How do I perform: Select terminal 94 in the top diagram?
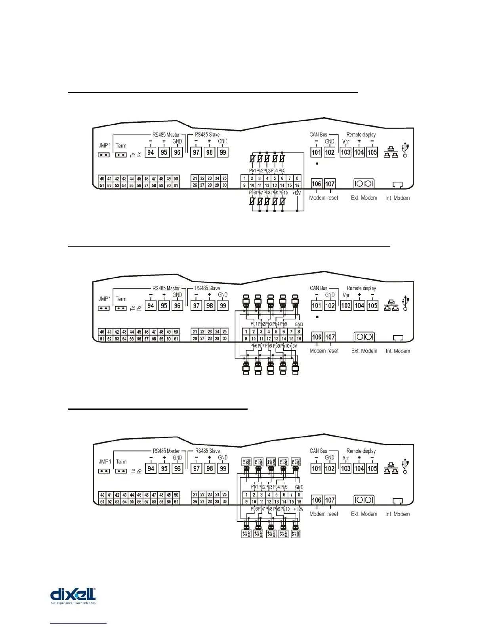151,152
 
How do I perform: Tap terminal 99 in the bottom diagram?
223,468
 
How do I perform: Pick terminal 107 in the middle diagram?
330,337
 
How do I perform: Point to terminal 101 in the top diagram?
316,152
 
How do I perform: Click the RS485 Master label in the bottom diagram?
166,451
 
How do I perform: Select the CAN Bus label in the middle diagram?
319,288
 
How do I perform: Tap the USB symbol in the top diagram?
405,150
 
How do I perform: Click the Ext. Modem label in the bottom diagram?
364,514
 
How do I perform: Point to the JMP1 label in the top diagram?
105,146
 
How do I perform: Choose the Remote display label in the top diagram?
361,135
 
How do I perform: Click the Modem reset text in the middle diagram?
324,351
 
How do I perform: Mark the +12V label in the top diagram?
296,193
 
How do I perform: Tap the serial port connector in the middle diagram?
364,337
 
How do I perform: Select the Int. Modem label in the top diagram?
397,198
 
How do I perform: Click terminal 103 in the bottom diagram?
346,468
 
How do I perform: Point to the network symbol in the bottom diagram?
391,468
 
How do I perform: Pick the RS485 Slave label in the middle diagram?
207,288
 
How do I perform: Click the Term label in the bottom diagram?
121,462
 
